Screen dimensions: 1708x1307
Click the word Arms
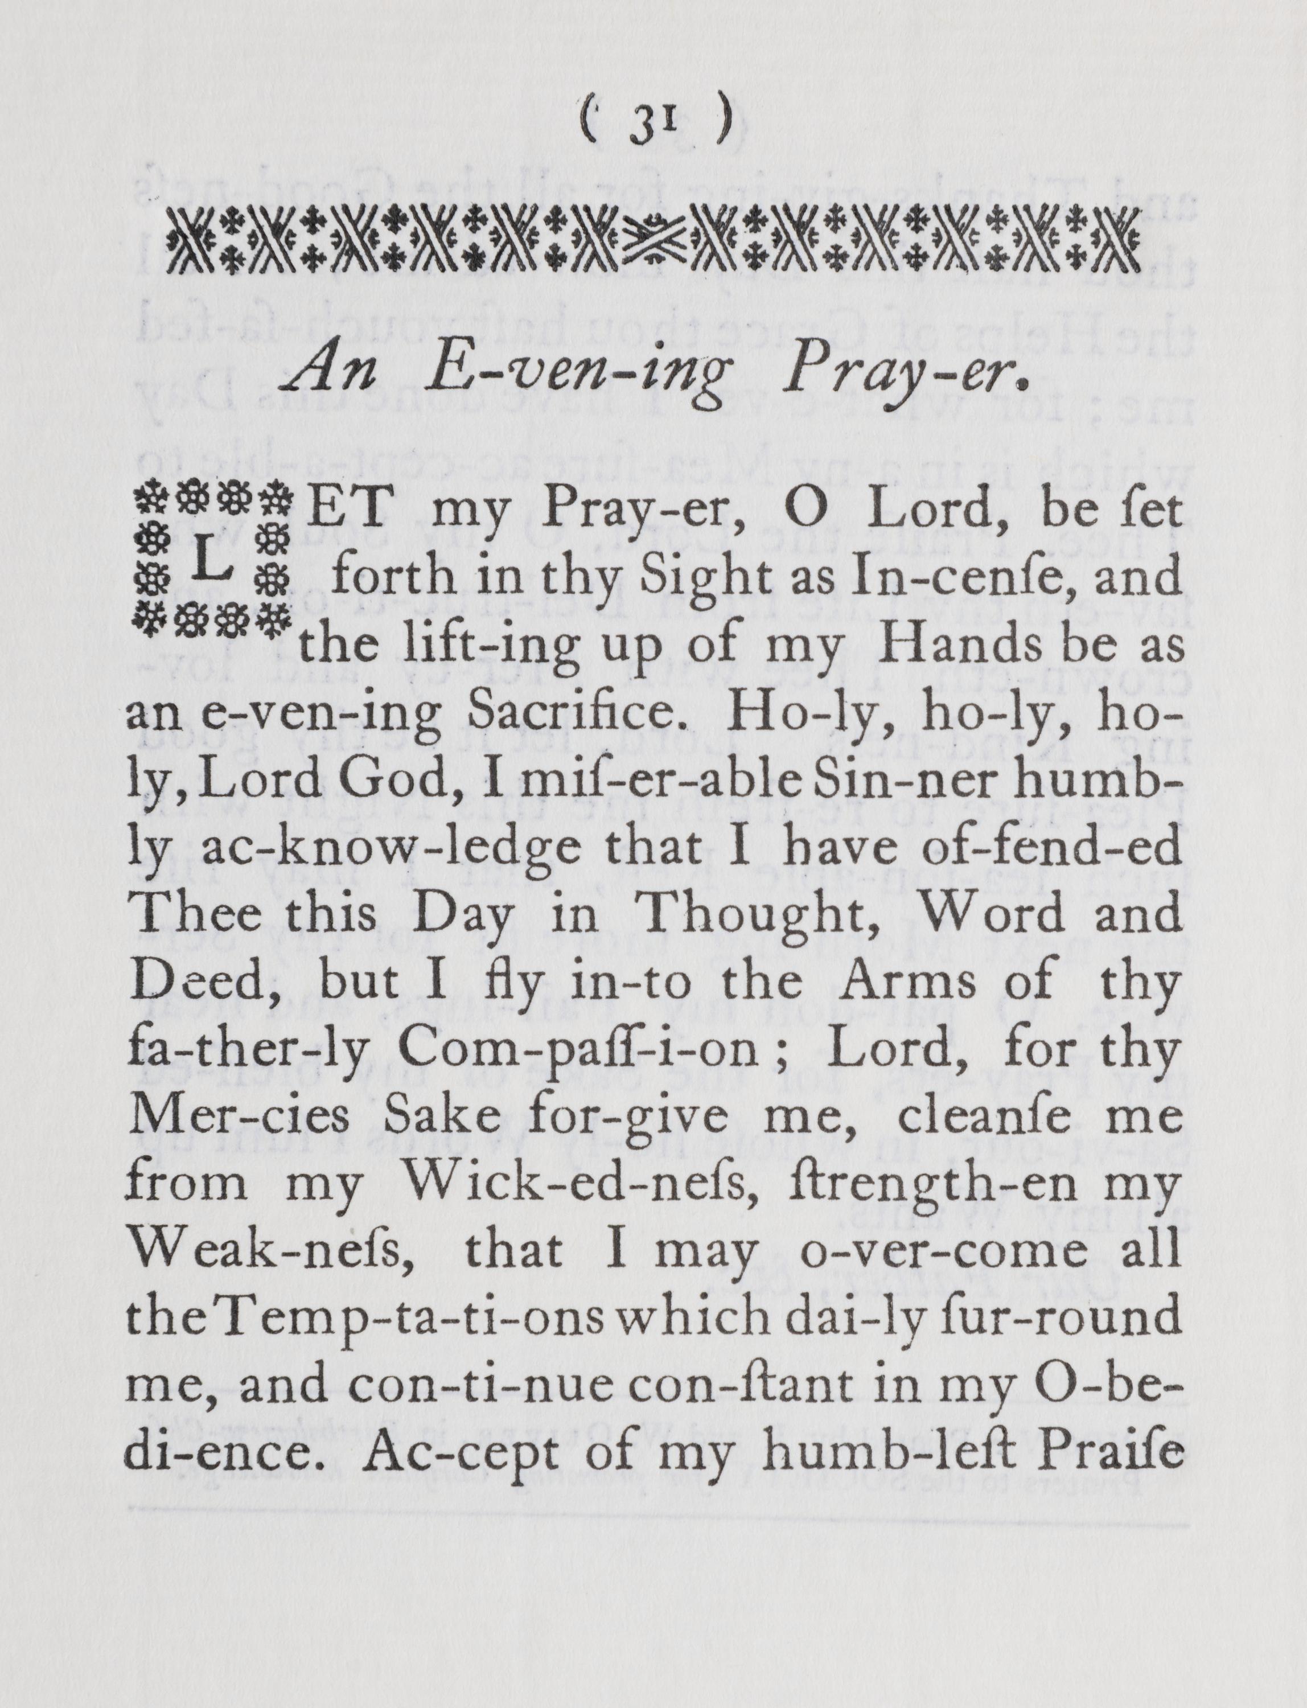click(x=926, y=982)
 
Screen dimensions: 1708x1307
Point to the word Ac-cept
click(x=451, y=1454)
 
